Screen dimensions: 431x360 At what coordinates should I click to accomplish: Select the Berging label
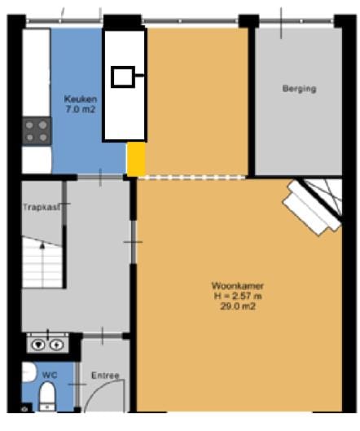299,89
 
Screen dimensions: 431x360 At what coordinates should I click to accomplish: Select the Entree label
106,376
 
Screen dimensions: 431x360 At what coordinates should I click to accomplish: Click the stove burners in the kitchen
36,130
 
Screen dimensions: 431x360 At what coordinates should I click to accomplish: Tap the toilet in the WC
46,398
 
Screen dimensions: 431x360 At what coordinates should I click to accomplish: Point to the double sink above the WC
46,345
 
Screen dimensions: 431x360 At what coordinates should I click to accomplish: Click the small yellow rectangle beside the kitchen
136,159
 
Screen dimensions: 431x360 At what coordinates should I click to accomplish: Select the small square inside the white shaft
125,77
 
